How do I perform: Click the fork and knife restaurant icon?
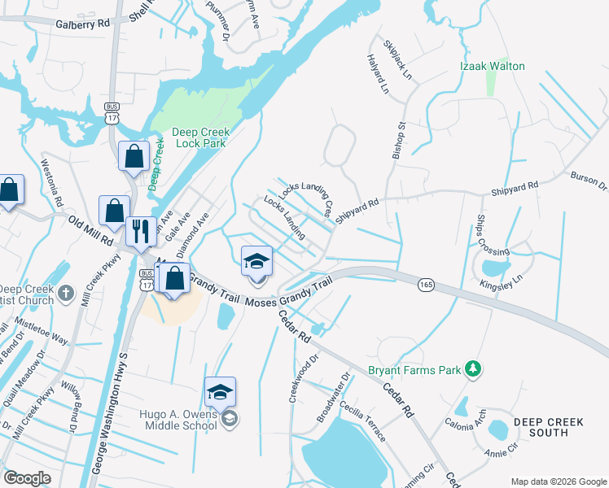click(x=140, y=232)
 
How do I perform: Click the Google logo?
click(x=27, y=477)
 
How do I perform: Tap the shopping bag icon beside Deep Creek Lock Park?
click(x=134, y=156)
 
